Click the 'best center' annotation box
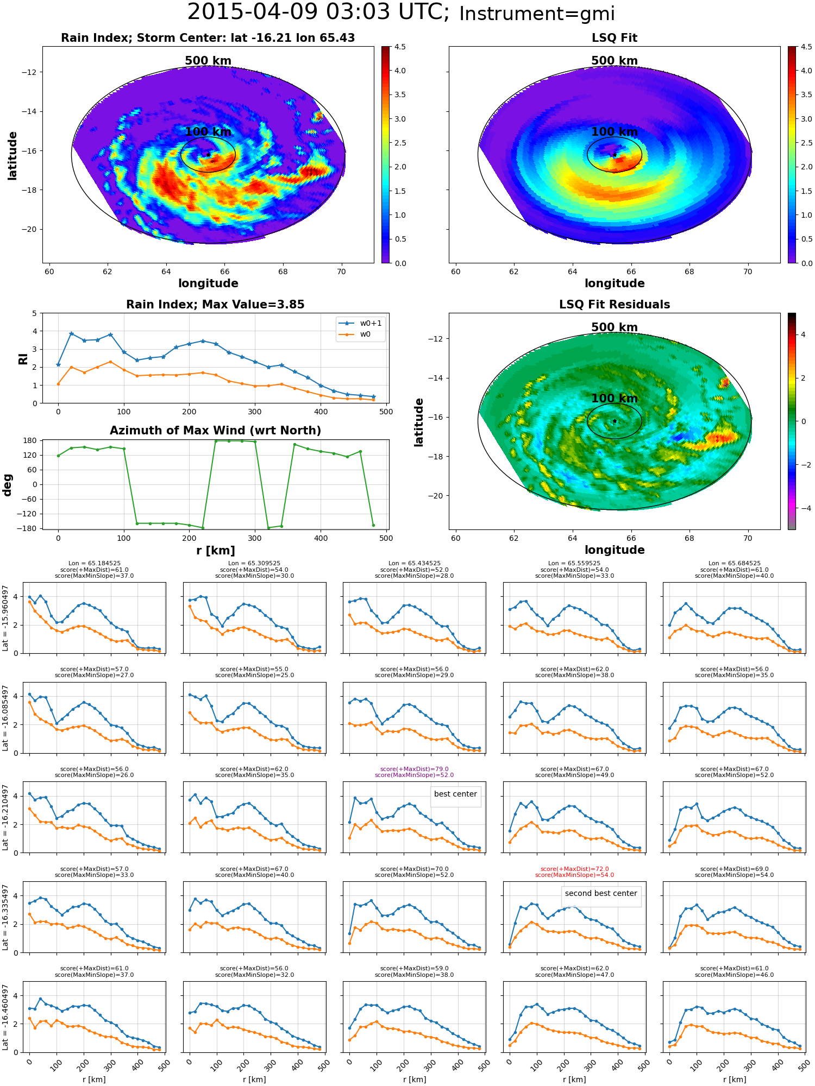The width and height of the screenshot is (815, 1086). tap(455, 794)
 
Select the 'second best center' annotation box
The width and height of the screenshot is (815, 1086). tap(601, 893)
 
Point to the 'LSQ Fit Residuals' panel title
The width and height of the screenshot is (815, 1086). tap(615, 305)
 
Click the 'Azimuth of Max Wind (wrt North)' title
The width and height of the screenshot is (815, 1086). tap(215, 431)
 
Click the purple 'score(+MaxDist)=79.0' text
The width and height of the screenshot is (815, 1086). tap(414, 769)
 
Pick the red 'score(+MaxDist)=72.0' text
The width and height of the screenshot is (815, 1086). tap(574, 869)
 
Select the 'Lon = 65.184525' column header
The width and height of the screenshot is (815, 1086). tap(95, 564)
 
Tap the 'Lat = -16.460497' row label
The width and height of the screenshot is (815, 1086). tap(5, 1017)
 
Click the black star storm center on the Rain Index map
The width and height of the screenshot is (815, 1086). tap(208, 155)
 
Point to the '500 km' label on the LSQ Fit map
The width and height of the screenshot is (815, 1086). tap(615, 61)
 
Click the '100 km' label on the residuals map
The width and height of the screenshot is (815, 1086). tap(615, 399)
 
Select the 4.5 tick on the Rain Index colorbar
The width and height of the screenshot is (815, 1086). tap(400, 47)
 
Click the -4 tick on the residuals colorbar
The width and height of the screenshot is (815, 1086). tap(803, 508)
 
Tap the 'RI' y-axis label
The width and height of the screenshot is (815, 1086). tap(23, 358)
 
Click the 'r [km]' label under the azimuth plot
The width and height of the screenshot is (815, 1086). tap(216, 551)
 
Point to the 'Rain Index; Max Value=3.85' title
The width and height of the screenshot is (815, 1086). tap(215, 305)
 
